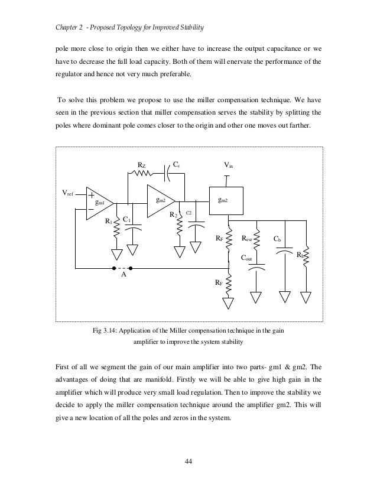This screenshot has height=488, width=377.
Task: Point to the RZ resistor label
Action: pos(142,165)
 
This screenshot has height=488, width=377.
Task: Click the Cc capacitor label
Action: pos(177,165)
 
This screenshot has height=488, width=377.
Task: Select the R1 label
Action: pos(109,222)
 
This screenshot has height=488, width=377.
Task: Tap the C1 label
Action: pos(126,220)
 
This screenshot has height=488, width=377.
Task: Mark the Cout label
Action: pos(248,258)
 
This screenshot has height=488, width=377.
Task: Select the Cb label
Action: pos(277,239)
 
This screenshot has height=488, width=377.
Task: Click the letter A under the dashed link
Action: pos(123,275)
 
